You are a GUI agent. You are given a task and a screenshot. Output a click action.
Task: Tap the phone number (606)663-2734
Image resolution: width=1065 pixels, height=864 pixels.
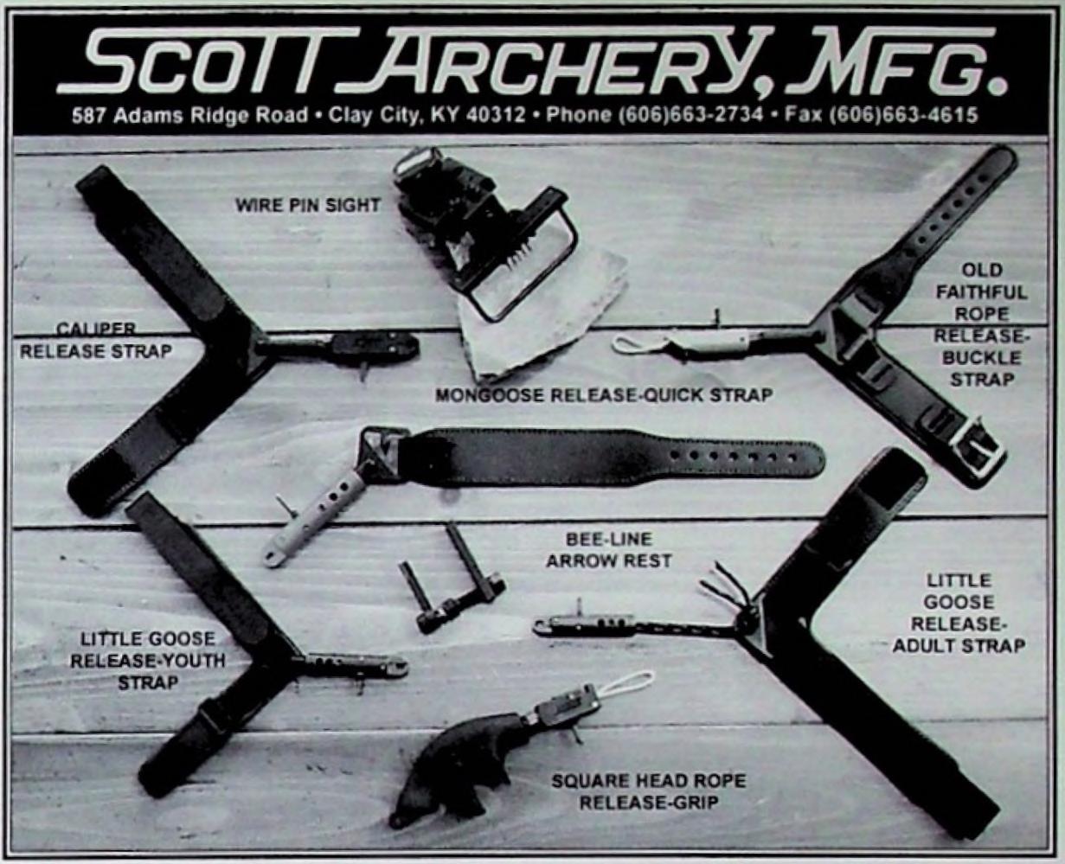coord(690,115)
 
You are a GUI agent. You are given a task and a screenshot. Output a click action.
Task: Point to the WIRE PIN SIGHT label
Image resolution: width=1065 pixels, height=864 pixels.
coord(307,206)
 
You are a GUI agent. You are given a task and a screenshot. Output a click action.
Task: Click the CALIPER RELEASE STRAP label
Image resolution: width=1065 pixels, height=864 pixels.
coord(96,341)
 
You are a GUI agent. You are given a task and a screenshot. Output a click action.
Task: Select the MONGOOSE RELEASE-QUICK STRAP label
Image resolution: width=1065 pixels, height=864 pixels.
coord(603,395)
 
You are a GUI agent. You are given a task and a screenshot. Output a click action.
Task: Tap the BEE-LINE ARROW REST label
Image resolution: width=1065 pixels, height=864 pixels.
coord(608,549)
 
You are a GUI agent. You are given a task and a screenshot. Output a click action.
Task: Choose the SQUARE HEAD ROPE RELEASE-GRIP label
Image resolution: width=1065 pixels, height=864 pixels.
coord(648,791)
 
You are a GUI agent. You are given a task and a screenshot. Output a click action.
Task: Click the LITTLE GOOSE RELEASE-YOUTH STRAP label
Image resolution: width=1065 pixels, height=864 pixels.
coord(147,661)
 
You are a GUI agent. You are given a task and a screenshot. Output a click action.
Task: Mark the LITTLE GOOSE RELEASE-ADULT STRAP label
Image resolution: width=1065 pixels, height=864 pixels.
coord(959,613)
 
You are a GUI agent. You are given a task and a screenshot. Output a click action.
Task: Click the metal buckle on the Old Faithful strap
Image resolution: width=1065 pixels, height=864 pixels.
coord(978,448)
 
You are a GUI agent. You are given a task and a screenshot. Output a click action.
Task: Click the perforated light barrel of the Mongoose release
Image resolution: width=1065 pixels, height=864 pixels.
coord(320,516)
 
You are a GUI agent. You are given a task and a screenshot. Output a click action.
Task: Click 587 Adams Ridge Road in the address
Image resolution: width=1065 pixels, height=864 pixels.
coord(189,115)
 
